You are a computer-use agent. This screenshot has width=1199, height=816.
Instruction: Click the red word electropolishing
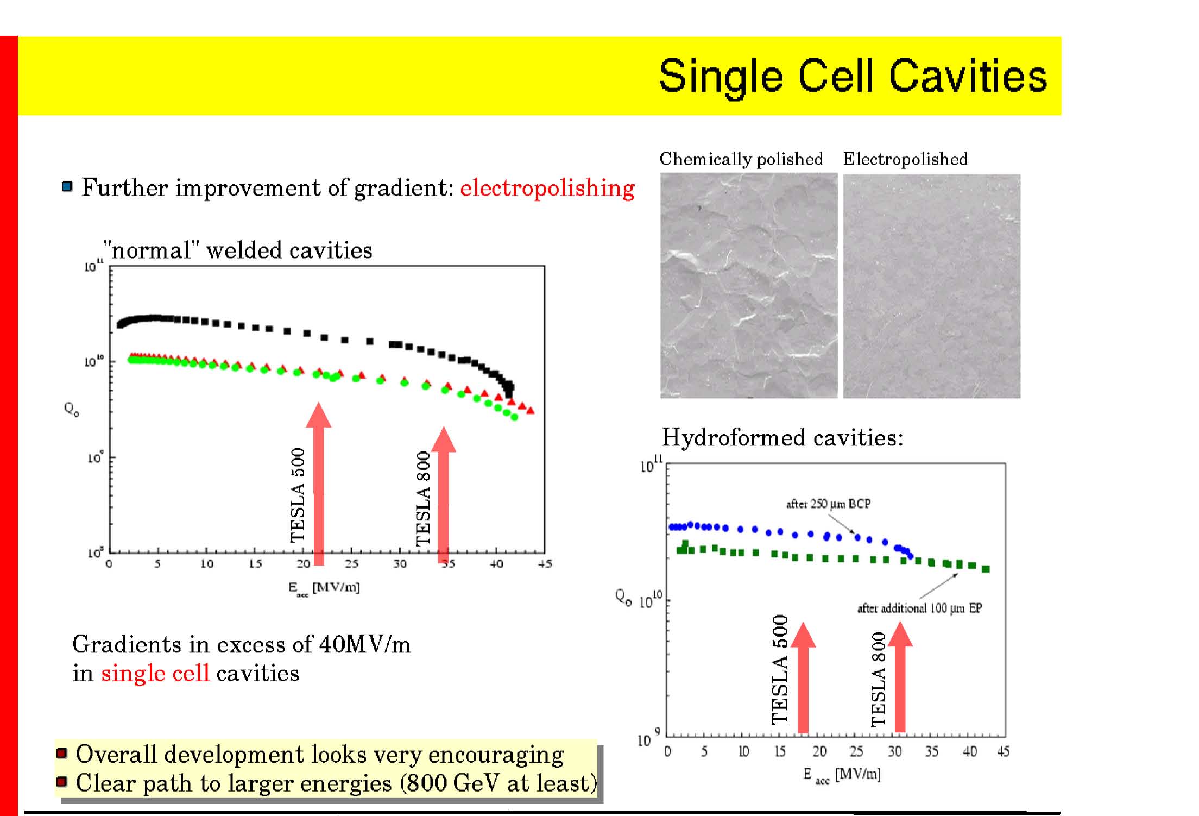tap(547, 189)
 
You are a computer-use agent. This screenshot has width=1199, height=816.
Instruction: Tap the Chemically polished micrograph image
tap(748, 285)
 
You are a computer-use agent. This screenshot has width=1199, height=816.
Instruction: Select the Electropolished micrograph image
tap(931, 285)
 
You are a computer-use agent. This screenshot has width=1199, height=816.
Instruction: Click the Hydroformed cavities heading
tap(782, 438)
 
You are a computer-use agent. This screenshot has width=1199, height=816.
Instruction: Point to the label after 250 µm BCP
tap(828, 504)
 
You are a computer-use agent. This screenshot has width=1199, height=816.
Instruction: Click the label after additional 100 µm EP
tap(919, 608)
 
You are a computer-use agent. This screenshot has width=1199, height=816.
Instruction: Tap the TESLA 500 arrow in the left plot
tap(319, 484)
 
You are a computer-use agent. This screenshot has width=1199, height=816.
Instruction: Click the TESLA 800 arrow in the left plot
tap(444, 494)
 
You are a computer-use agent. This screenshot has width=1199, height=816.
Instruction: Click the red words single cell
tap(155, 674)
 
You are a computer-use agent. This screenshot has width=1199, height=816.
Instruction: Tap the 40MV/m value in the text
tap(364, 645)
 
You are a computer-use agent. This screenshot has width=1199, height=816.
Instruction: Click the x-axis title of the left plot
tap(324, 588)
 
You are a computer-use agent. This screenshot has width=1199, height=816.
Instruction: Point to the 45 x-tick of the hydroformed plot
tap(1003, 752)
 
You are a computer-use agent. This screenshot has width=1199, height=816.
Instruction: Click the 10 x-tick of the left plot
tap(206, 564)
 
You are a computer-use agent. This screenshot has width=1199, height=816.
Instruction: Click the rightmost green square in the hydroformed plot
tap(986, 569)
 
